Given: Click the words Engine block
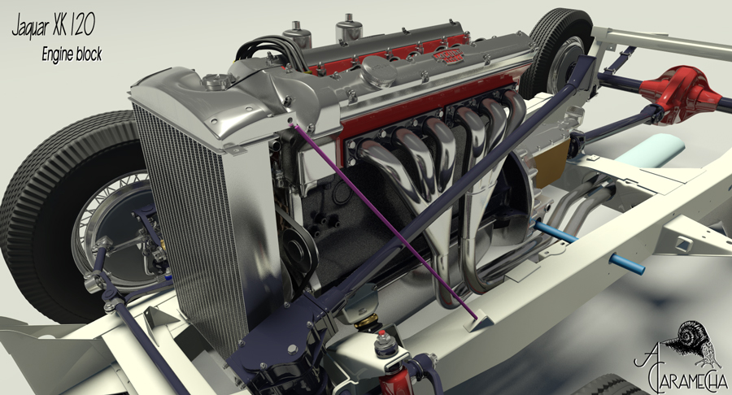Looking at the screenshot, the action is tap(72, 54).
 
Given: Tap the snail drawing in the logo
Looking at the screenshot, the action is tap(695, 341).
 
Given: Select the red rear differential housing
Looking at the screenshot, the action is tap(681, 96).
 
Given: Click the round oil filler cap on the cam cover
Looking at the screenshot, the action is tap(379, 72).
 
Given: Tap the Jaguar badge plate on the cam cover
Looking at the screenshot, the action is tap(448, 57).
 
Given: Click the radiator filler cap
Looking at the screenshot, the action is tap(216, 81).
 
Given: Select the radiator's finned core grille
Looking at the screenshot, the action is tap(192, 224).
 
